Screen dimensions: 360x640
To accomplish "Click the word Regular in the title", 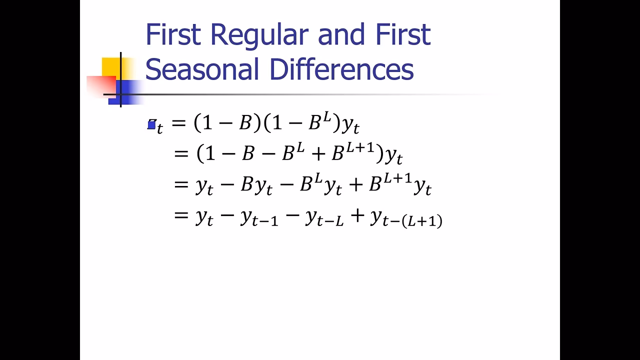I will (x=260, y=35).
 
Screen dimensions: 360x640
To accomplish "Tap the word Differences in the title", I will (x=341, y=69).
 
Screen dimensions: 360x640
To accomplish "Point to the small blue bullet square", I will (x=151, y=125).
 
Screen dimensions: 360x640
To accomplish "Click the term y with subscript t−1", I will (x=258, y=218).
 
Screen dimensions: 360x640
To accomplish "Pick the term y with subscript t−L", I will (x=324, y=218).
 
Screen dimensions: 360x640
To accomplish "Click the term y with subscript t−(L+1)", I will (x=405, y=218).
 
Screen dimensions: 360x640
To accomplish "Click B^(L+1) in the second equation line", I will (x=353, y=152).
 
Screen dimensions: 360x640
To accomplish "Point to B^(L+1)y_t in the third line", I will (x=399, y=185).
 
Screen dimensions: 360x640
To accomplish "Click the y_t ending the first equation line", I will (x=350, y=125).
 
